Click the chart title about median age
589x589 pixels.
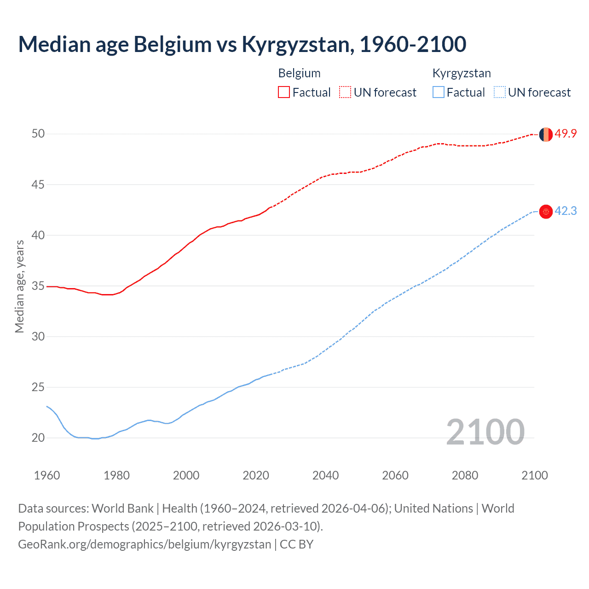pyautogui.click(x=242, y=44)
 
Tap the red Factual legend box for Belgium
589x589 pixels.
pyautogui.click(x=284, y=92)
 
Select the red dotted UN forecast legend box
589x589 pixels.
pyautogui.click(x=345, y=92)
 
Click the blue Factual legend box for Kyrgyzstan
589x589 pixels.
pyautogui.click(x=439, y=92)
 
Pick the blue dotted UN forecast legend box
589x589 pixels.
pyautogui.click(x=499, y=92)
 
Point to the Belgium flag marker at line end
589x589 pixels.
pyautogui.click(x=546, y=134)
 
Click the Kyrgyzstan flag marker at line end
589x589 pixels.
pyautogui.click(x=546, y=212)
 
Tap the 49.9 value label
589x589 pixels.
pyautogui.click(x=566, y=134)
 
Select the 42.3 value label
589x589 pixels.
pyautogui.click(x=566, y=211)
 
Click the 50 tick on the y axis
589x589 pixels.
pyautogui.click(x=38, y=134)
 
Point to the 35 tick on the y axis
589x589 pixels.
pyautogui.click(x=38, y=286)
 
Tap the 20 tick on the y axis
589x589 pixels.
pyautogui.click(x=38, y=438)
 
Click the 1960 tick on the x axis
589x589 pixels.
pyautogui.click(x=47, y=475)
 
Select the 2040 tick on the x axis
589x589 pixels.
pyautogui.click(x=325, y=475)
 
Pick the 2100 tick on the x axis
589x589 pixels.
pyautogui.click(x=534, y=475)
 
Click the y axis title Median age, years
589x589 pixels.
pyautogui.click(x=19, y=286)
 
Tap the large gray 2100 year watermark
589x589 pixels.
pyautogui.click(x=485, y=432)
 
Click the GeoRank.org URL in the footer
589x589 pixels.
pyautogui.click(x=144, y=544)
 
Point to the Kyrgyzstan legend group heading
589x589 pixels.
pyautogui.click(x=462, y=73)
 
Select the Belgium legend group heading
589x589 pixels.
pyautogui.click(x=299, y=73)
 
